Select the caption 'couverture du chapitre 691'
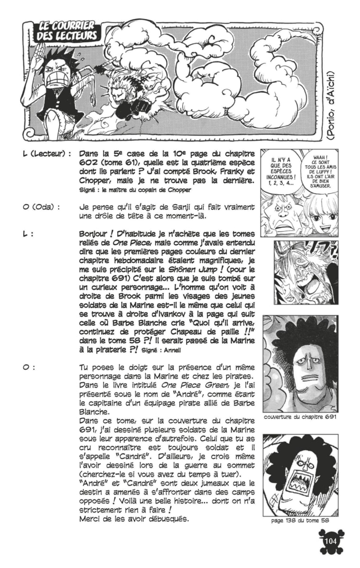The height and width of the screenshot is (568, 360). (300, 417)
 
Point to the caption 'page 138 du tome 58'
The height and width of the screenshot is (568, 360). (301, 520)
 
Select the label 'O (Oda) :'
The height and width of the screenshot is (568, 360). (41, 207)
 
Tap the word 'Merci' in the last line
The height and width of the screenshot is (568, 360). (89, 518)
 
